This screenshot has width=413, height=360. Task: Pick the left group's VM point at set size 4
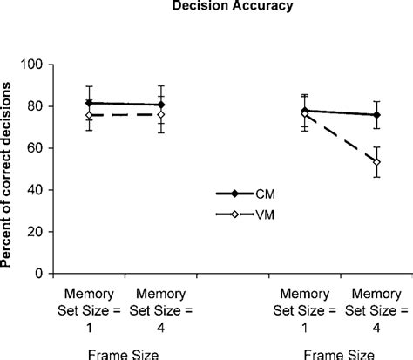point(162,114)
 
